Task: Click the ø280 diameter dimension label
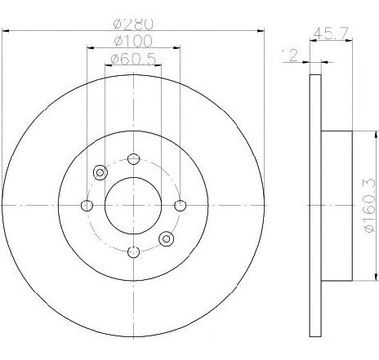tap(133, 24)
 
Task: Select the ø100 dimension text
tap(133, 42)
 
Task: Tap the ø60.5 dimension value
tap(133, 59)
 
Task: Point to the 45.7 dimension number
tap(331, 33)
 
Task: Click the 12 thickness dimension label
tap(291, 56)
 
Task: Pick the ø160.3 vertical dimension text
tap(370, 205)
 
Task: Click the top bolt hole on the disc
tap(133, 158)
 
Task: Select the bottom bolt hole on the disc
tap(133, 252)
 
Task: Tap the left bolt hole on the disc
tap(87, 206)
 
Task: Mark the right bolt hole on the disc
tap(181, 206)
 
